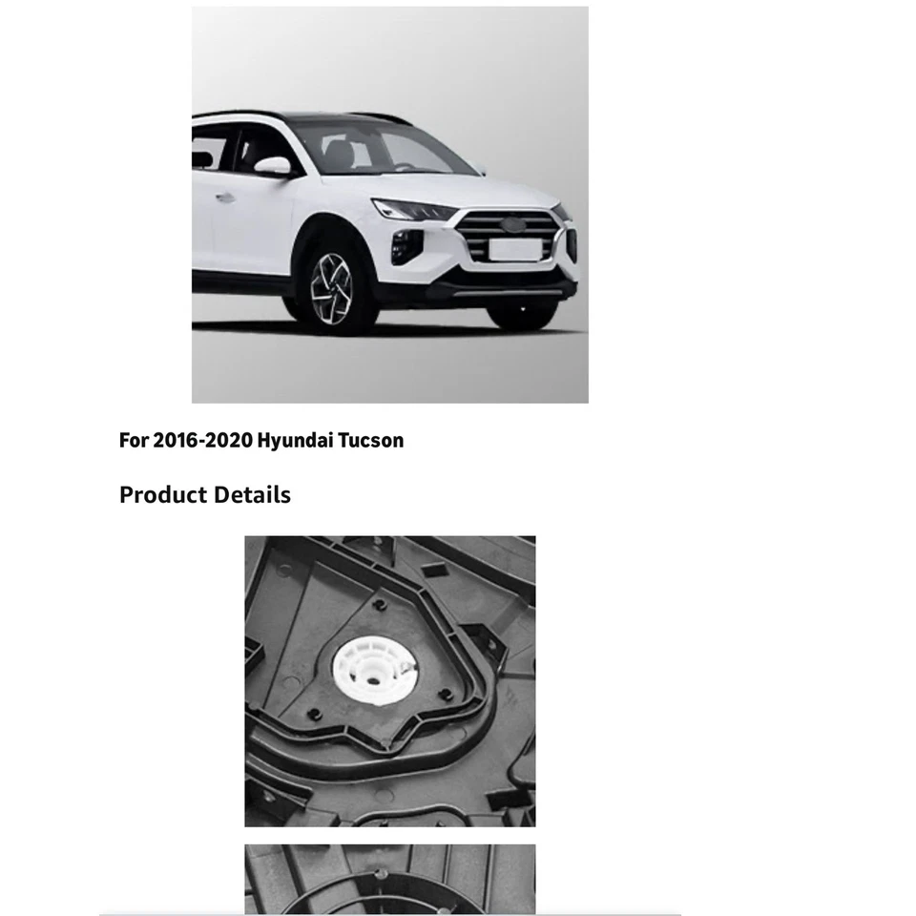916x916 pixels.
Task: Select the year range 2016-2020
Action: click(201, 441)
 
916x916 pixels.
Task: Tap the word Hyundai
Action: click(295, 441)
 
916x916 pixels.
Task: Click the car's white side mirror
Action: click(273, 166)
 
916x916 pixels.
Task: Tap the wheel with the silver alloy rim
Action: click(331, 287)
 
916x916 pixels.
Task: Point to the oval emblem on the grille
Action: click(512, 225)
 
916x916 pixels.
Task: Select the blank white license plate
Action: click(514, 249)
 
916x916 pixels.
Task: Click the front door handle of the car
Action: click(225, 198)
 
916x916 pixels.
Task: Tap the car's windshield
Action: click(382, 149)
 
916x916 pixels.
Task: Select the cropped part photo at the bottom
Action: click(389, 879)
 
